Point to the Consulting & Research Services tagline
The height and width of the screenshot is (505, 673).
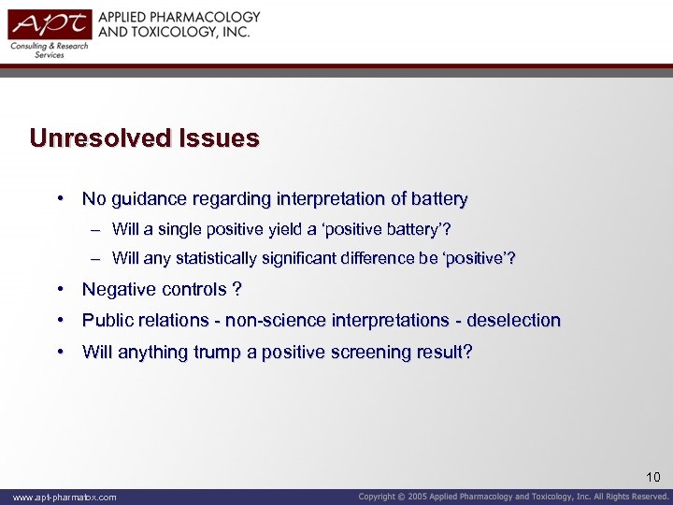pyautogui.click(x=50, y=50)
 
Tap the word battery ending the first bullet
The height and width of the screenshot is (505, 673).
pyautogui.click(x=437, y=198)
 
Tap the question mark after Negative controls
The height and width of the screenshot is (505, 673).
pyautogui.click(x=237, y=290)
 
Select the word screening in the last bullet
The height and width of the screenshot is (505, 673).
pyautogui.click(x=371, y=352)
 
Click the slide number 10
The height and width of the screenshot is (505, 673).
pyautogui.click(x=652, y=478)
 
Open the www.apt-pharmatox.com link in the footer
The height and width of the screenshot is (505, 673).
pyautogui.click(x=64, y=497)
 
